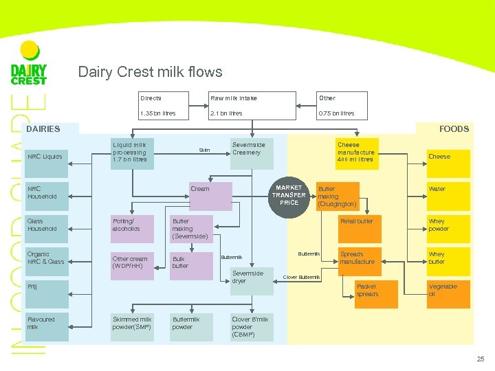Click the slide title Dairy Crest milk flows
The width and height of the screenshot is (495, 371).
click(150, 72)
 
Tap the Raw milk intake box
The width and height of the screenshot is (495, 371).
click(234, 98)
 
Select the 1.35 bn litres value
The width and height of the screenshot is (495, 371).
click(157, 113)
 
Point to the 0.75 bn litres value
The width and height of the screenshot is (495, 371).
click(336, 113)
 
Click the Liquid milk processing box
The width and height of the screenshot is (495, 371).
click(133, 153)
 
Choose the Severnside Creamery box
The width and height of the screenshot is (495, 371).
click(251, 153)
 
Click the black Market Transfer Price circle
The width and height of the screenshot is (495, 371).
click(289, 195)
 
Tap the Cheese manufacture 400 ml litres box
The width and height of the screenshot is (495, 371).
click(356, 153)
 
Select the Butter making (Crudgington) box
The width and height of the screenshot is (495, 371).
click(337, 196)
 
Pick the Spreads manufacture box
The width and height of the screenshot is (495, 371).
click(357, 258)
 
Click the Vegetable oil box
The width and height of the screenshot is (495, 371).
click(446, 290)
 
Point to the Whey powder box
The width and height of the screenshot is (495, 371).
click(446, 225)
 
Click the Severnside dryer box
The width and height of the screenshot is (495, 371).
click(251, 277)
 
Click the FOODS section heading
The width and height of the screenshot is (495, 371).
click(454, 128)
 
